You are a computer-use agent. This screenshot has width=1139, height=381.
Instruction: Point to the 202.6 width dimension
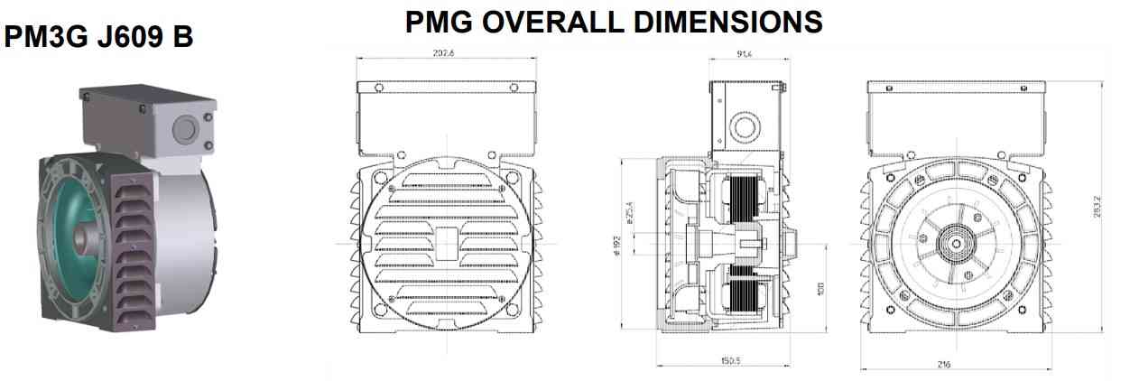click(444, 53)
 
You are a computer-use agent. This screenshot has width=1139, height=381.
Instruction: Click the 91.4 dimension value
click(745, 54)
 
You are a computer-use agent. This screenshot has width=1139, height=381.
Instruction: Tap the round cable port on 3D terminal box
click(184, 128)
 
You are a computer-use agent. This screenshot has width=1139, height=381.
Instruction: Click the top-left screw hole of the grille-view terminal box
click(378, 88)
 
